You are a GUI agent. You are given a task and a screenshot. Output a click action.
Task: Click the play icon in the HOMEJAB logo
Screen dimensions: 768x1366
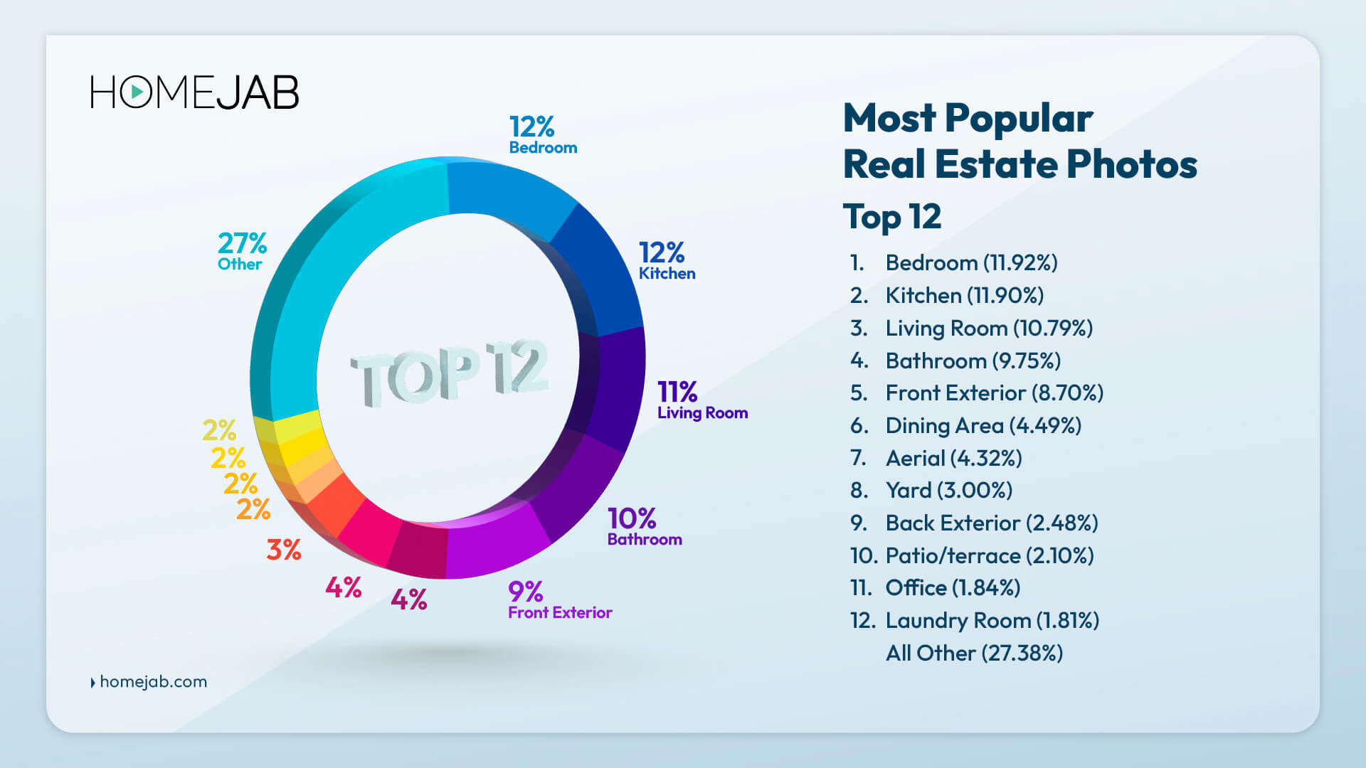[136, 92]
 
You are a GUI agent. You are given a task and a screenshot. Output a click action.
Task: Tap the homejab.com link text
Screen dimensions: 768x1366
[153, 681]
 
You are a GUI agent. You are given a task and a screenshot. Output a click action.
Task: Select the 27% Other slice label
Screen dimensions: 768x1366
[242, 252]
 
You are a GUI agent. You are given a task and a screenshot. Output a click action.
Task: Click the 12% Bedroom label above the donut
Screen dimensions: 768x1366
[542, 135]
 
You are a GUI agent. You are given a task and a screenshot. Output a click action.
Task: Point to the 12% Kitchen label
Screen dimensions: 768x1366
[666, 261]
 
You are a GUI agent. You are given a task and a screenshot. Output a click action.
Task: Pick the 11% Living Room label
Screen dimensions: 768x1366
[701, 400]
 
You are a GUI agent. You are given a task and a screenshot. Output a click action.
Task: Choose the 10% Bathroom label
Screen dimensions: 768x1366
[644, 527]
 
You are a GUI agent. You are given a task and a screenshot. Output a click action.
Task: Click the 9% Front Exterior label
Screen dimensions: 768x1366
[559, 601]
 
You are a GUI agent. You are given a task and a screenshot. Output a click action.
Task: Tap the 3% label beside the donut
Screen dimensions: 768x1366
[284, 550]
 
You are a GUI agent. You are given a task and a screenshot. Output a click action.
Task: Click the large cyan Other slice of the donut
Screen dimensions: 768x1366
[334, 270]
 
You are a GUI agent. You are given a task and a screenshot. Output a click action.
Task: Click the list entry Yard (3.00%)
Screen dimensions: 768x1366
[948, 491]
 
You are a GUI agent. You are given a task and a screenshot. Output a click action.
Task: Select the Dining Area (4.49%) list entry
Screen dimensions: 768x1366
[983, 426]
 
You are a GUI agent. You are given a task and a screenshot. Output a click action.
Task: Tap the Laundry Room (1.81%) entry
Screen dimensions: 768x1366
[992, 621]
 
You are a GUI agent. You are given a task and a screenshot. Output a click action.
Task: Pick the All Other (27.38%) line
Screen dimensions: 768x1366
[974, 654]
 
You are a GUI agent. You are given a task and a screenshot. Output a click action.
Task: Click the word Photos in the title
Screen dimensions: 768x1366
[1131, 164]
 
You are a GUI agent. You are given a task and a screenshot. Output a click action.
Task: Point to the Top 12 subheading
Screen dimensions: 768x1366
[892, 216]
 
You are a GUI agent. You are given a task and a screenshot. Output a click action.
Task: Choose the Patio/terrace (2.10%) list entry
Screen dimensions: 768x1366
[989, 556]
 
